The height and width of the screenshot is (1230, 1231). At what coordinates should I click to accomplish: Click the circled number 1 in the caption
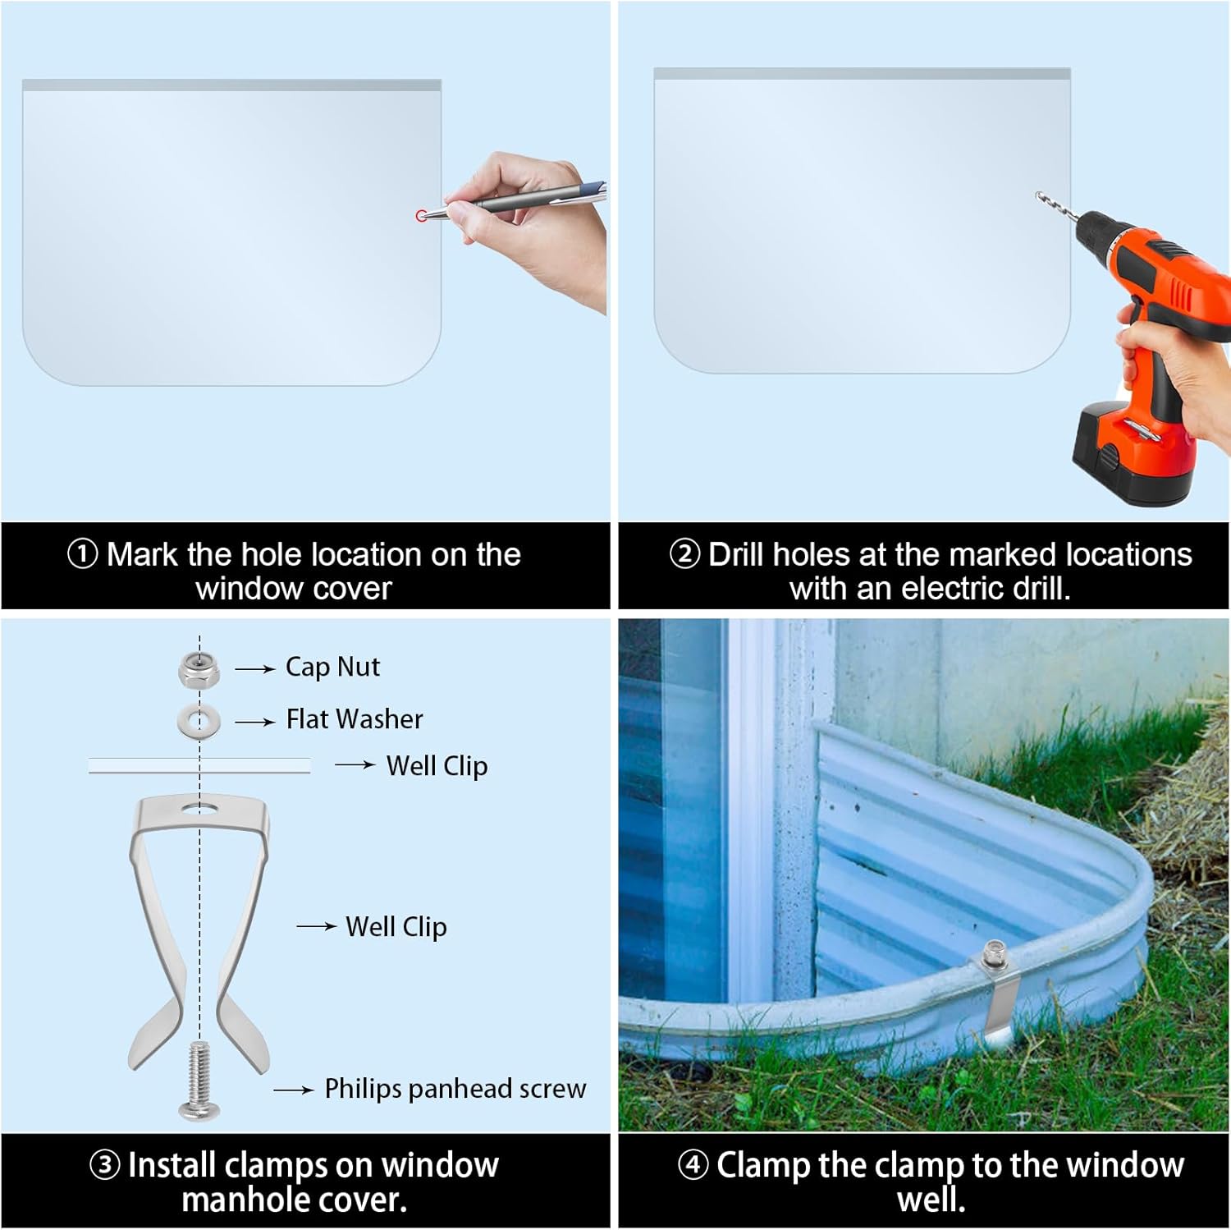pos(82,554)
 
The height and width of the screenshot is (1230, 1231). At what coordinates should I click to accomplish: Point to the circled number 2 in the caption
pos(684,554)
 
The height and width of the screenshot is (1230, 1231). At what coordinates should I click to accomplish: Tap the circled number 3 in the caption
pos(104,1165)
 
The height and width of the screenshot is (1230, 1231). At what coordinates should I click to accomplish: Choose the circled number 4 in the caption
pos(693,1164)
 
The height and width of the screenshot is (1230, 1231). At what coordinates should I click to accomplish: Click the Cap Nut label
pos(332,667)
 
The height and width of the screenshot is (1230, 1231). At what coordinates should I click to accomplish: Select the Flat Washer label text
pos(355,719)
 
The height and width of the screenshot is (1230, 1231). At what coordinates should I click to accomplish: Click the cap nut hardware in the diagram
pos(199,670)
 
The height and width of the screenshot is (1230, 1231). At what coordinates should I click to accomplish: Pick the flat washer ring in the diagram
pos(199,721)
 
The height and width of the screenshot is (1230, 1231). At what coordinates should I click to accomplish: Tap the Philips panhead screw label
pos(455,1089)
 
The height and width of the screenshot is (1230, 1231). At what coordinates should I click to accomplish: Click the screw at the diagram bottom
pos(199,1080)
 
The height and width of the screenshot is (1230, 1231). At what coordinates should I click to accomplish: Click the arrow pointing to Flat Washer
pos(255,722)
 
